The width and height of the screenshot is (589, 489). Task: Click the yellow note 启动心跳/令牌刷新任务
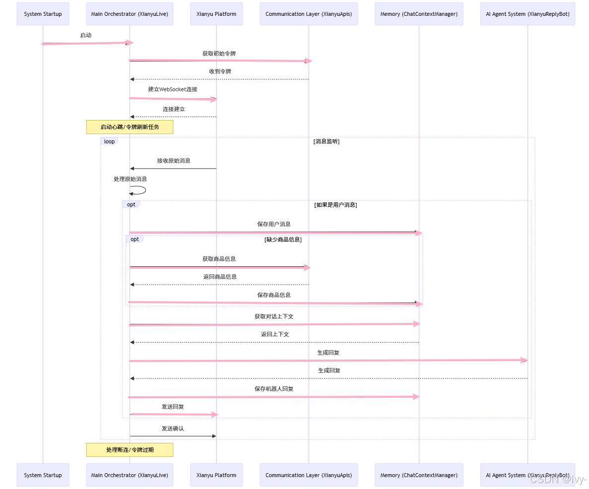click(x=130, y=127)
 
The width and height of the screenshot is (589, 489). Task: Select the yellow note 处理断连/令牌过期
click(x=130, y=450)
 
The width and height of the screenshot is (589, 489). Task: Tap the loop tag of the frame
click(x=109, y=141)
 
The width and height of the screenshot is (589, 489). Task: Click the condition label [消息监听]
click(x=326, y=141)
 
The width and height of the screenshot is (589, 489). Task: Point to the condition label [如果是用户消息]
click(x=335, y=204)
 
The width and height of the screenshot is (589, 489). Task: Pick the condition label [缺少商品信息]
click(x=283, y=240)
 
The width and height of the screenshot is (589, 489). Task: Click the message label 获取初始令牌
click(x=219, y=53)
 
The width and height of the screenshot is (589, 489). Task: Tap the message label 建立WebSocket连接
click(x=173, y=89)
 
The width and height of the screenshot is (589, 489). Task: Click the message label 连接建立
click(x=174, y=109)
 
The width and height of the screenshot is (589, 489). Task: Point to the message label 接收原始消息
click(x=174, y=161)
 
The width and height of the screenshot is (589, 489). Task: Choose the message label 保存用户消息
click(x=274, y=224)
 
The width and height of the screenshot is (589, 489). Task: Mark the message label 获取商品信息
click(x=219, y=259)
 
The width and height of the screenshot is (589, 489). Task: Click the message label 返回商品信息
click(x=220, y=277)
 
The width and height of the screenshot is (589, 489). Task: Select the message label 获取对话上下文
click(x=274, y=316)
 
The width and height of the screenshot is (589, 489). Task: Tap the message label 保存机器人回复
click(x=274, y=389)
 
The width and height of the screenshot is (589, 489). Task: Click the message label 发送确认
click(x=173, y=428)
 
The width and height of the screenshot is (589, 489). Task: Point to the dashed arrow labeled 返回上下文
click(x=274, y=342)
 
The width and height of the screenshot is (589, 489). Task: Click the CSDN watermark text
click(x=558, y=479)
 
